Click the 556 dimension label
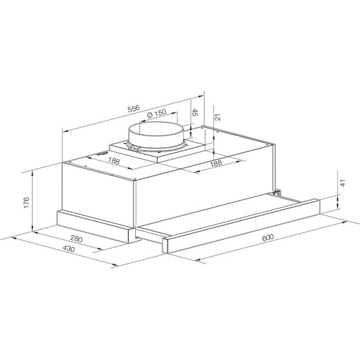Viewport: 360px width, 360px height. click(133, 109)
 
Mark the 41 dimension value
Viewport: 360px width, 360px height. click(344, 183)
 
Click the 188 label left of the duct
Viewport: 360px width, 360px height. click(114, 162)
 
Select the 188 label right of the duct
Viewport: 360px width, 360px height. click(215, 163)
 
